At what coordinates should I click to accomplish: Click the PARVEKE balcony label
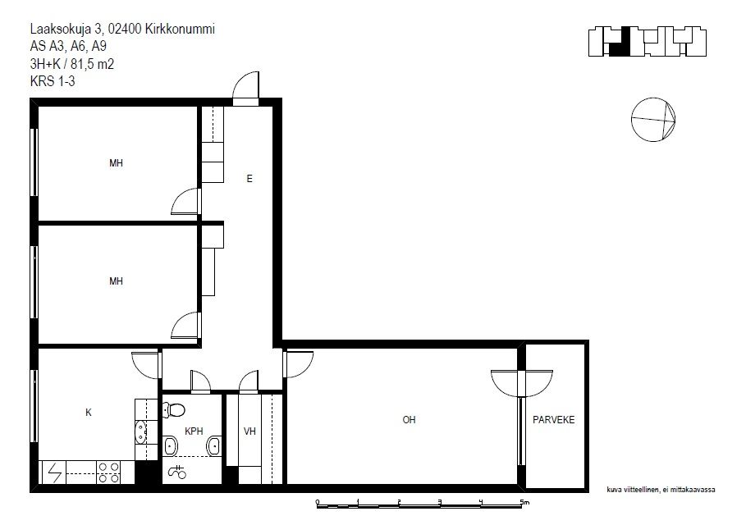point(553,420)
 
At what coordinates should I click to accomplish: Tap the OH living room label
point(410,420)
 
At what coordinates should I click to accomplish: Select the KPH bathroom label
point(194,431)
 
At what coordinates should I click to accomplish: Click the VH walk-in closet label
point(249,431)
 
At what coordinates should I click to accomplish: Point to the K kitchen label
point(89,413)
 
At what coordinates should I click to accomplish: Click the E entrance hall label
point(249,179)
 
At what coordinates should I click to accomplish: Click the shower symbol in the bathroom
point(177,471)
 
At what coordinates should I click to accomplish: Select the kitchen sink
point(141,431)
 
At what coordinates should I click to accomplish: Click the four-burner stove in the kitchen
point(108,472)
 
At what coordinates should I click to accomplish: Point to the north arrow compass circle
point(653,120)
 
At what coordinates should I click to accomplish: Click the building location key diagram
point(647,42)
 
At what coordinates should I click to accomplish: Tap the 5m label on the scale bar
point(524,502)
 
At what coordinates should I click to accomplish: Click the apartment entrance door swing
point(246,88)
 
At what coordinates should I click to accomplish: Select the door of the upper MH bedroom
point(186,201)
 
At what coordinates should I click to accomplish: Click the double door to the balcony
point(522,383)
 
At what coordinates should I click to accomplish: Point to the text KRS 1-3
point(53,81)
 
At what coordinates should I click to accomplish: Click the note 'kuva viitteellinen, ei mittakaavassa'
point(661,490)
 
